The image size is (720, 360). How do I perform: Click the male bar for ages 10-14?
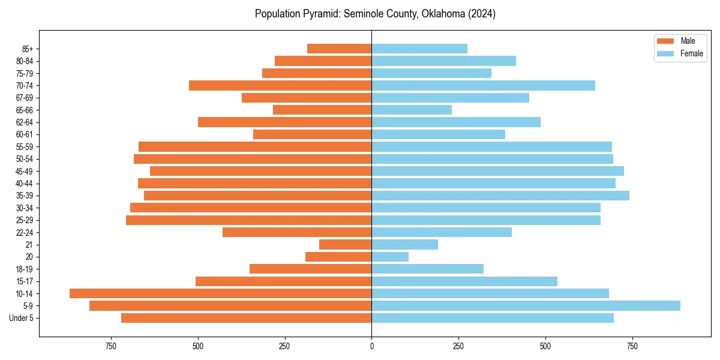pyautogui.click(x=220, y=293)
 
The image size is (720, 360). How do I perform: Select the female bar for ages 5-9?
pyautogui.click(x=526, y=305)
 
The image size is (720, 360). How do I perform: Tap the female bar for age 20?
pyautogui.click(x=390, y=257)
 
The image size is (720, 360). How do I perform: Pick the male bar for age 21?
pyautogui.click(x=345, y=244)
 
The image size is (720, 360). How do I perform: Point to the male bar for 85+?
pyautogui.click(x=339, y=49)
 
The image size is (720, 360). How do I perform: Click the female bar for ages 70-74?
pyautogui.click(x=483, y=85)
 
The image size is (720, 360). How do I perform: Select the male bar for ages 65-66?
pyautogui.click(x=322, y=110)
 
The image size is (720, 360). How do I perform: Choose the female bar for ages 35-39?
pyautogui.click(x=500, y=196)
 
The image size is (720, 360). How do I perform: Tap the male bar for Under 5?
pyautogui.click(x=246, y=318)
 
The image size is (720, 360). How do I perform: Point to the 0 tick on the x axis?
pyautogui.click(x=371, y=346)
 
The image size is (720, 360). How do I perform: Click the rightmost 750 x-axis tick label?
pyautogui.click(x=632, y=346)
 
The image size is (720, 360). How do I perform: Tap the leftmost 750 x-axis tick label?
pyautogui.click(x=110, y=346)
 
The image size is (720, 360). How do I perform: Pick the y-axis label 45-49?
pyautogui.click(x=24, y=171)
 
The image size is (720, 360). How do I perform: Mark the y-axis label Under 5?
pyautogui.click(x=21, y=318)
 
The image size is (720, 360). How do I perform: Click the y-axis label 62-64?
pyautogui.click(x=24, y=122)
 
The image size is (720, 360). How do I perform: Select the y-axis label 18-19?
pyautogui.click(x=24, y=269)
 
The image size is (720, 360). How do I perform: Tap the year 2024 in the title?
pyautogui.click(x=483, y=14)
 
